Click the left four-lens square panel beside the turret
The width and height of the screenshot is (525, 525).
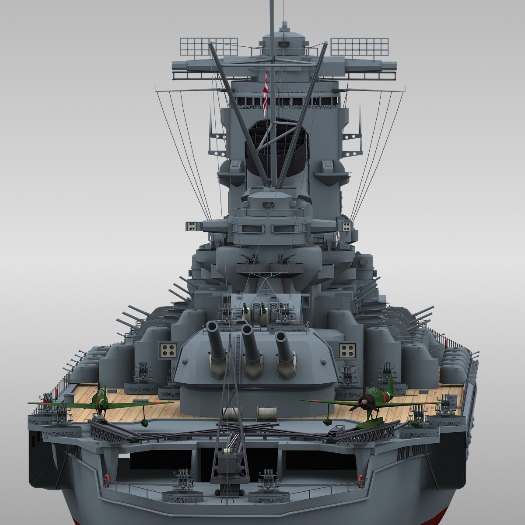click(168, 349)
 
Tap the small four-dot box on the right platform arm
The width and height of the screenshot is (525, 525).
click(346, 226)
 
